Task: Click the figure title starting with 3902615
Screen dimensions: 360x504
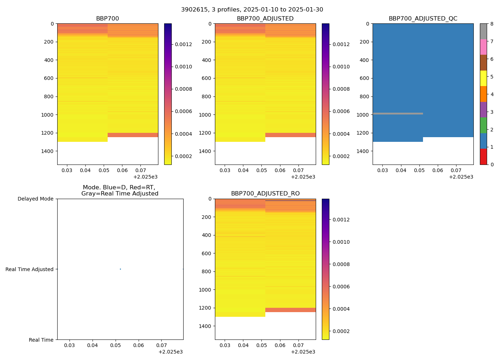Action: point(252,10)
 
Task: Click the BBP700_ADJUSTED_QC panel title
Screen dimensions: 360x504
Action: point(423,19)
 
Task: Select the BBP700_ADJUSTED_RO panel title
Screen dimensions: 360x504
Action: point(265,194)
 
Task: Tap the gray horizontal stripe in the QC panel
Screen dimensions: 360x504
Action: point(397,113)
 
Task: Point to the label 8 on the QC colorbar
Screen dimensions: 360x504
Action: point(492,24)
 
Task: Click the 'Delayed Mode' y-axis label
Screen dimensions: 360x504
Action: point(35,199)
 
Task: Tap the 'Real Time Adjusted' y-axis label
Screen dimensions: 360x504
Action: point(29,269)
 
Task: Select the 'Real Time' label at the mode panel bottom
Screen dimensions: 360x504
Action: point(41,340)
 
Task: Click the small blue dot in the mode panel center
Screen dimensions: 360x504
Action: point(120,269)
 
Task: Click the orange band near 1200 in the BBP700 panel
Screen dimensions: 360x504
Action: point(132,135)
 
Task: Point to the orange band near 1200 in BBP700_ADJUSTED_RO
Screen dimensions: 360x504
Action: point(290,310)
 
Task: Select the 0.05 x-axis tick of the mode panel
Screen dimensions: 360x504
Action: point(116,345)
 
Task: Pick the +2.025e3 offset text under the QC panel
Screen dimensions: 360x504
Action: point(461,177)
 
